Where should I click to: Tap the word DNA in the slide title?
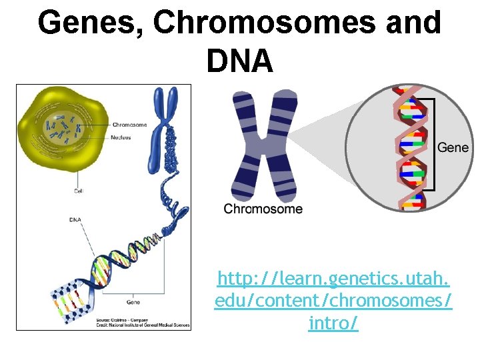(240, 61)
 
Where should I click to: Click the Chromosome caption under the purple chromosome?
(263, 209)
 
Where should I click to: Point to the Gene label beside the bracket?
(453, 147)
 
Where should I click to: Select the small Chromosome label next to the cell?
(129, 125)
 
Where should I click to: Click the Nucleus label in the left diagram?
(121, 137)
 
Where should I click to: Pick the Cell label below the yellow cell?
(79, 191)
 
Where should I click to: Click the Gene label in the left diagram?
(133, 302)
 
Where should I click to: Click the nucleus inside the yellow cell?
(64, 126)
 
